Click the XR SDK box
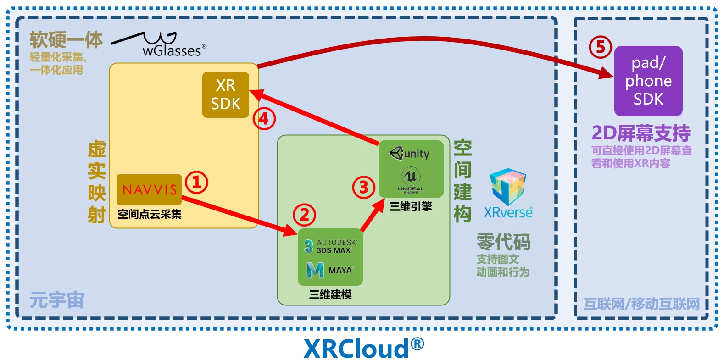pos(226,95)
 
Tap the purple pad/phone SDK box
pos(648,81)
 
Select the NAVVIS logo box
pos(149,189)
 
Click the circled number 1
pos(197,183)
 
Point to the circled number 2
pos(305,215)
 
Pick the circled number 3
pos(364,187)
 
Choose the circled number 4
pos(264,119)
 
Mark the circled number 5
pos(601,47)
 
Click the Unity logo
pos(410,153)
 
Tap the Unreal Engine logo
pos(411,179)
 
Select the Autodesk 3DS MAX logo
pos(330,246)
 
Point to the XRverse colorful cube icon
pos(507,186)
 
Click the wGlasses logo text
pos(172,50)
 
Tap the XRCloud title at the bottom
pos(363,348)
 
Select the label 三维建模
pos(330,294)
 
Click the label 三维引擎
pos(411,206)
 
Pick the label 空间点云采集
pos(150,214)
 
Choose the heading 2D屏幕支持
pos(641,133)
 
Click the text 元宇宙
pos(57,301)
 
